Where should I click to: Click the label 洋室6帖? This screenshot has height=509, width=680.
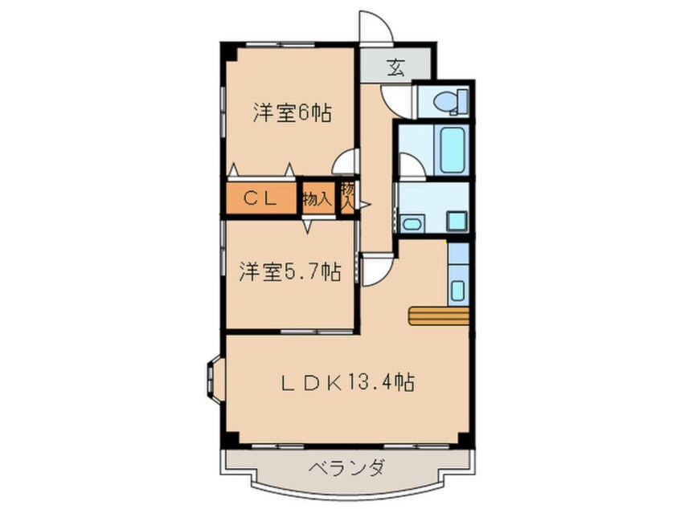click(291, 114)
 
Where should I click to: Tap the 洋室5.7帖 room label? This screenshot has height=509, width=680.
click(289, 273)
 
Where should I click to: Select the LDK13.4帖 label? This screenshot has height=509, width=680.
click(347, 382)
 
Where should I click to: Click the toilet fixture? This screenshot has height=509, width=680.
click(444, 102)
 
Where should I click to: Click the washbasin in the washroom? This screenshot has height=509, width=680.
click(412, 223)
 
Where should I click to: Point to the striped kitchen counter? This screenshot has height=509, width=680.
click(438, 316)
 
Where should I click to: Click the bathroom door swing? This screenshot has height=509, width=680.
click(409, 166)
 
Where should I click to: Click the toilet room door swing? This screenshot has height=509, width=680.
click(397, 100)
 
